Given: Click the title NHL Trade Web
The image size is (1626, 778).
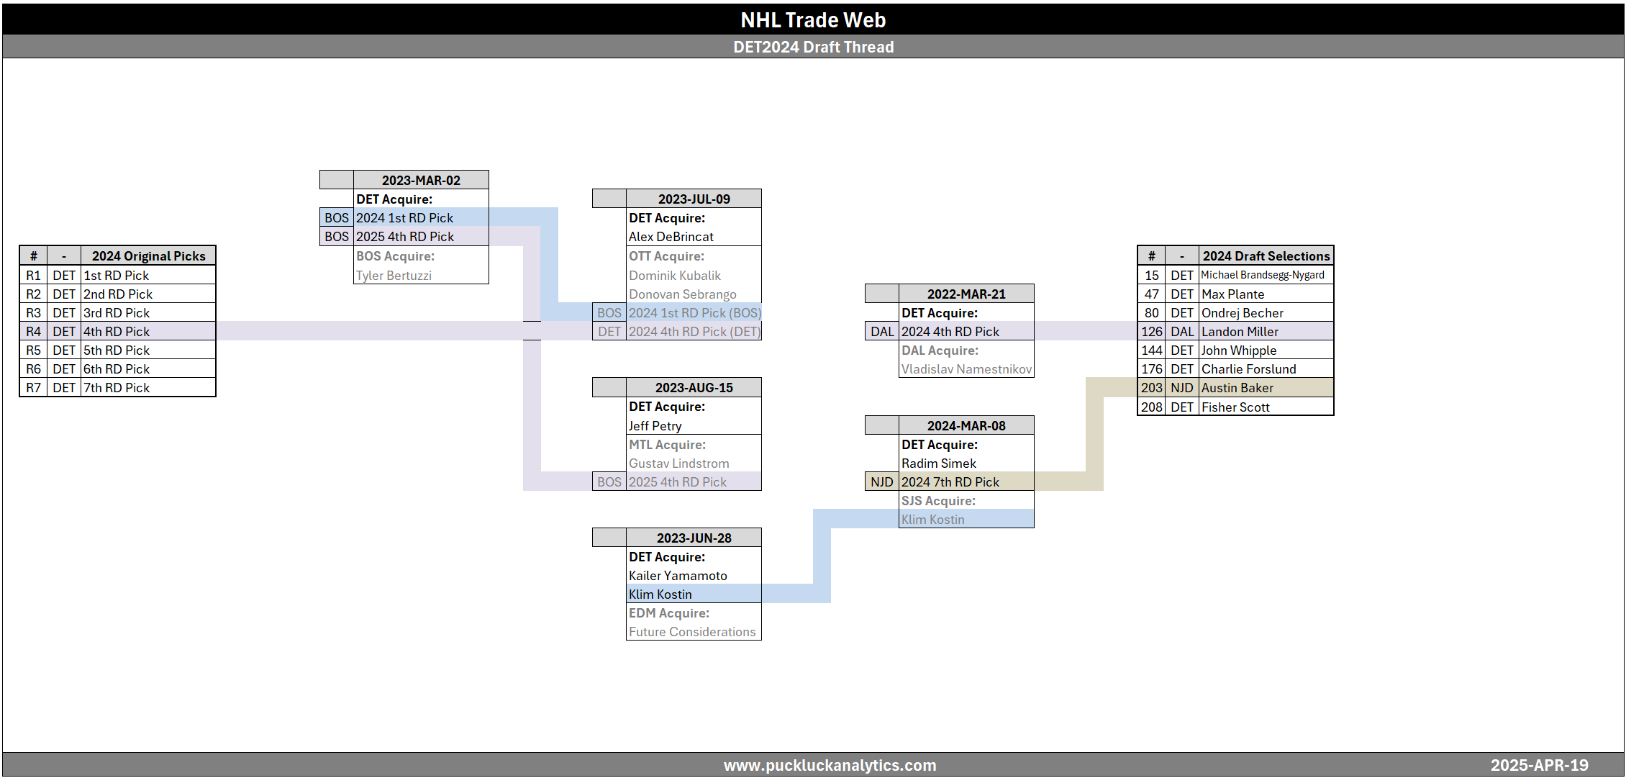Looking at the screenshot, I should pos(813,20).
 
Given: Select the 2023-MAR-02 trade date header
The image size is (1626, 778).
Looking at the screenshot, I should pos(421,180).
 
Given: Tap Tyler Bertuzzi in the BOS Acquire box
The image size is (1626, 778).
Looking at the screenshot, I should pos(394,276).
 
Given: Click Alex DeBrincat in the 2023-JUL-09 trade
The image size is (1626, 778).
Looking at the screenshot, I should pos(671,237).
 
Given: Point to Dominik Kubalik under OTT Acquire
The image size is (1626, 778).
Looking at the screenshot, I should pos(675,276).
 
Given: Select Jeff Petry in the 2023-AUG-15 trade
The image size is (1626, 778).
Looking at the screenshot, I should pos(655,426).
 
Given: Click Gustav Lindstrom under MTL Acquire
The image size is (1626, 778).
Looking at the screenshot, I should pos(679,463).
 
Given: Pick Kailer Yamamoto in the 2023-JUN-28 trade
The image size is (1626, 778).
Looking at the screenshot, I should pos(678,576).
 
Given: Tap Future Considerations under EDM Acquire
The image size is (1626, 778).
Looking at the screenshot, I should pos(692,632).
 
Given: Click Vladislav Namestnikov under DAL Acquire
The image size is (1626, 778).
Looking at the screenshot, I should pos(966,369).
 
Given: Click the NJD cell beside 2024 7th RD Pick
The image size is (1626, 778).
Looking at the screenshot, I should pos(881,482).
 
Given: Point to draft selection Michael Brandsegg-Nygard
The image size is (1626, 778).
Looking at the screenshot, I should pos(1263,275).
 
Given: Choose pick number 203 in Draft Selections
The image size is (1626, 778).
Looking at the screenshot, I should pos(1151,388).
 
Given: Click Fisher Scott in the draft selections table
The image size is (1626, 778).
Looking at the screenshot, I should pos(1235,407).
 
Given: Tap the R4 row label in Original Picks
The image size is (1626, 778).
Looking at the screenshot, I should pos(34,332).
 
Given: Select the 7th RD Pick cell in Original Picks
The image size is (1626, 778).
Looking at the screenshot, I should pos(117,388).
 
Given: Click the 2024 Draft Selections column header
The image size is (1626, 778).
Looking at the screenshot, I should pos(1266,256).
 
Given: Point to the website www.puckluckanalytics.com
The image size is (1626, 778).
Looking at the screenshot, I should pos(830,765).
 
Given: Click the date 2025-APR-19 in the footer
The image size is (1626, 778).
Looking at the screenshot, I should pos(1539,765).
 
